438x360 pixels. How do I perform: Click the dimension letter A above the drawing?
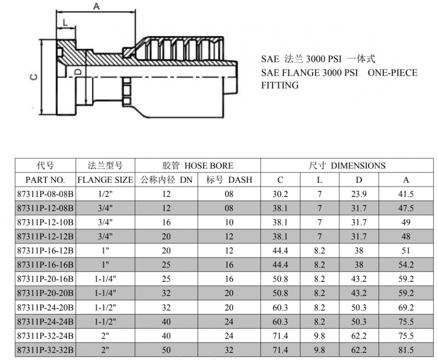[x=96, y=6]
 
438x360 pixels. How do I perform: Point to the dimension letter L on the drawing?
[x=65, y=22]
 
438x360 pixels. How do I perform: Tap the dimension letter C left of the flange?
[x=34, y=77]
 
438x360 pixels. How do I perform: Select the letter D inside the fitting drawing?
[x=78, y=72]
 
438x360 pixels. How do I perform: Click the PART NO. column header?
[x=45, y=179]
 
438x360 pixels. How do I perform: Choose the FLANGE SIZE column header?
[x=105, y=179]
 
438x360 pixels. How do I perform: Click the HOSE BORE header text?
[x=209, y=165]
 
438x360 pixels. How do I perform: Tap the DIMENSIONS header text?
[x=358, y=165]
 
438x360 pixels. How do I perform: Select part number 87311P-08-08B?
[x=45, y=194]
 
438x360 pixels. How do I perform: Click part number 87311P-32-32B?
[x=45, y=350]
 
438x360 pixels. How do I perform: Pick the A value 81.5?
[x=406, y=350]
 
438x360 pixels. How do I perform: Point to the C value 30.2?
[x=280, y=194]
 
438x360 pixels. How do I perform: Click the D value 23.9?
[x=359, y=194]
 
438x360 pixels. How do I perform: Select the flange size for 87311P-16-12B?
[x=105, y=251]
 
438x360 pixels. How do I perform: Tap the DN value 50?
[x=166, y=350]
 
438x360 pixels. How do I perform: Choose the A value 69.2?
[x=406, y=307]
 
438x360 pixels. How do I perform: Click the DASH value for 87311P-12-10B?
[x=229, y=223]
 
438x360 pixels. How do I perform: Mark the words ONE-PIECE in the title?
[x=393, y=73]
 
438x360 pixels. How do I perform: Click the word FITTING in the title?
[x=280, y=85]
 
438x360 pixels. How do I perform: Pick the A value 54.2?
[x=406, y=265]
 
